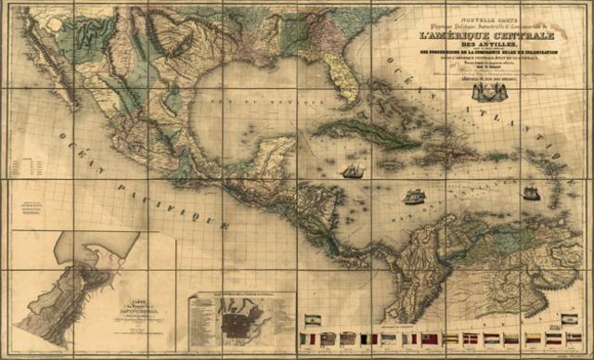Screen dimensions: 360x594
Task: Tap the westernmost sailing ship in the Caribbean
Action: (353, 172)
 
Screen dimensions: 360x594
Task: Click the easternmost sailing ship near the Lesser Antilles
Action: (530, 193)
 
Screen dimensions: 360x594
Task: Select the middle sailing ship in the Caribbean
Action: (414, 196)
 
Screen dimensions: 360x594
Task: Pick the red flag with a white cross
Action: (471, 339)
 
